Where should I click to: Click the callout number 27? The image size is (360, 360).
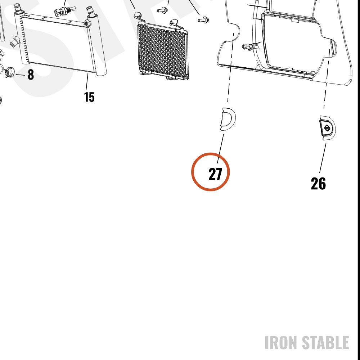(x=215, y=174)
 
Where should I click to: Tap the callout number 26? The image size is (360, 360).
(x=318, y=184)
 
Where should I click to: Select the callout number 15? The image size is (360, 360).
(x=89, y=97)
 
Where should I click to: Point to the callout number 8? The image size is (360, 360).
(x=31, y=75)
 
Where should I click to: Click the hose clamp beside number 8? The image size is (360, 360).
(x=9, y=71)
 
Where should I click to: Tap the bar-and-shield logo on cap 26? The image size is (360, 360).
(x=327, y=128)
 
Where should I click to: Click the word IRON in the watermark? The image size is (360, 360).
(x=282, y=343)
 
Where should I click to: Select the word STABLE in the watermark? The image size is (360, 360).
(x=325, y=343)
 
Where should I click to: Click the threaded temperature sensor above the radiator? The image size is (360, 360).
(x=65, y=11)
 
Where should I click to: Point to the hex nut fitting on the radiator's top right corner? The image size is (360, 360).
(x=87, y=23)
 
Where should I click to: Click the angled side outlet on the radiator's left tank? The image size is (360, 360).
(x=14, y=41)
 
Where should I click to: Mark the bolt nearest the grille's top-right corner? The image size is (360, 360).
(x=203, y=20)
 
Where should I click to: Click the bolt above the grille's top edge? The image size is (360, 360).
(x=162, y=10)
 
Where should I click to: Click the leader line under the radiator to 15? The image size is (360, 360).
(x=87, y=82)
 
